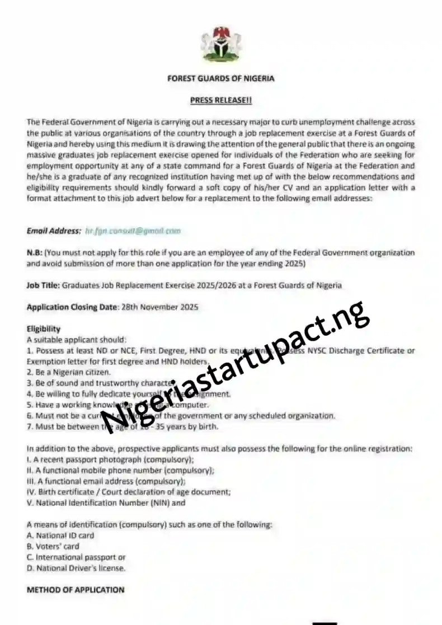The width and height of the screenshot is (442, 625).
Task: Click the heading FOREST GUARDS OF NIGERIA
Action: [221, 78]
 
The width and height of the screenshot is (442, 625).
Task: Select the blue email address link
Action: [133, 231]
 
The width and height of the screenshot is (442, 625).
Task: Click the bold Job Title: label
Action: [43, 285]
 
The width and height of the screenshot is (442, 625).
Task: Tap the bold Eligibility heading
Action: [43, 329]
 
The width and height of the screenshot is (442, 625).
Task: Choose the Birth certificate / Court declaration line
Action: [129, 492]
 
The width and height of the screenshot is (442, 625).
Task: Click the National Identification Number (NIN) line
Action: [106, 502]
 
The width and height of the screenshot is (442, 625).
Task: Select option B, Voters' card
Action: [53, 546]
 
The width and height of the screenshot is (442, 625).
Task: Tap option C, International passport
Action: [76, 557]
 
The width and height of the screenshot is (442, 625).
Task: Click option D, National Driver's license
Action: [76, 568]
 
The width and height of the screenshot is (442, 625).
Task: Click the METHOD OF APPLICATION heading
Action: [76, 590]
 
